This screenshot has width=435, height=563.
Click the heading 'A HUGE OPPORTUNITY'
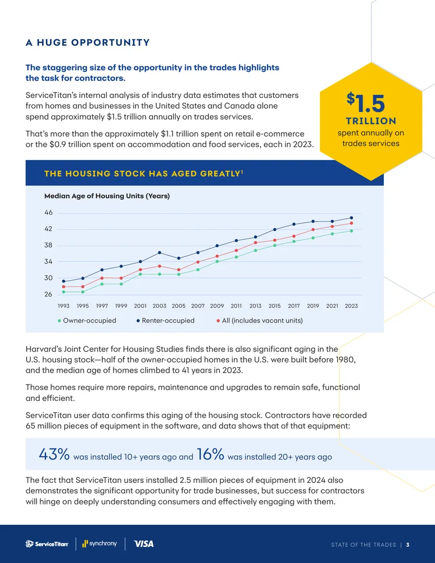tap(88, 42)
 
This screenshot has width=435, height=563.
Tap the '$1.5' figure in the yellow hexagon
tap(366, 103)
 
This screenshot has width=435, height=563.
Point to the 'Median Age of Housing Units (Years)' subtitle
tap(107, 196)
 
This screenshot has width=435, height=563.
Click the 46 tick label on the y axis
tap(48, 213)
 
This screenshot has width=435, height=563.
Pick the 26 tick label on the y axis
tap(48, 294)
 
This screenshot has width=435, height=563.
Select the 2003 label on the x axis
tap(159, 306)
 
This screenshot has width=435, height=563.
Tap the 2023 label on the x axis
tap(351, 306)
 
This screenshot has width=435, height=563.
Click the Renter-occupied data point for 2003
tap(159, 253)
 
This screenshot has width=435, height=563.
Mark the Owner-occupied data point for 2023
tap(351, 231)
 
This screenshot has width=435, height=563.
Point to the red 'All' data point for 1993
tap(64, 287)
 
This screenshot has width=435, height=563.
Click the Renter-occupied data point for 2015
tap(275, 230)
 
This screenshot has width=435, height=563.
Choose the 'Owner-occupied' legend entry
tap(87, 320)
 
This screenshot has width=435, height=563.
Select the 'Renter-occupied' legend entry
tap(165, 320)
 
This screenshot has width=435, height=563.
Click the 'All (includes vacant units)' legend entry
tap(259, 320)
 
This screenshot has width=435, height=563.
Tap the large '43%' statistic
tap(54, 454)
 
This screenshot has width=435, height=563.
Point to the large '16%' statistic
tap(210, 454)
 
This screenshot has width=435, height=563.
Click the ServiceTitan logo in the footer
tap(47, 544)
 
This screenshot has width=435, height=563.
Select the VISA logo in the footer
tap(144, 544)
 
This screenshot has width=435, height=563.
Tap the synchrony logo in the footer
tap(100, 543)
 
